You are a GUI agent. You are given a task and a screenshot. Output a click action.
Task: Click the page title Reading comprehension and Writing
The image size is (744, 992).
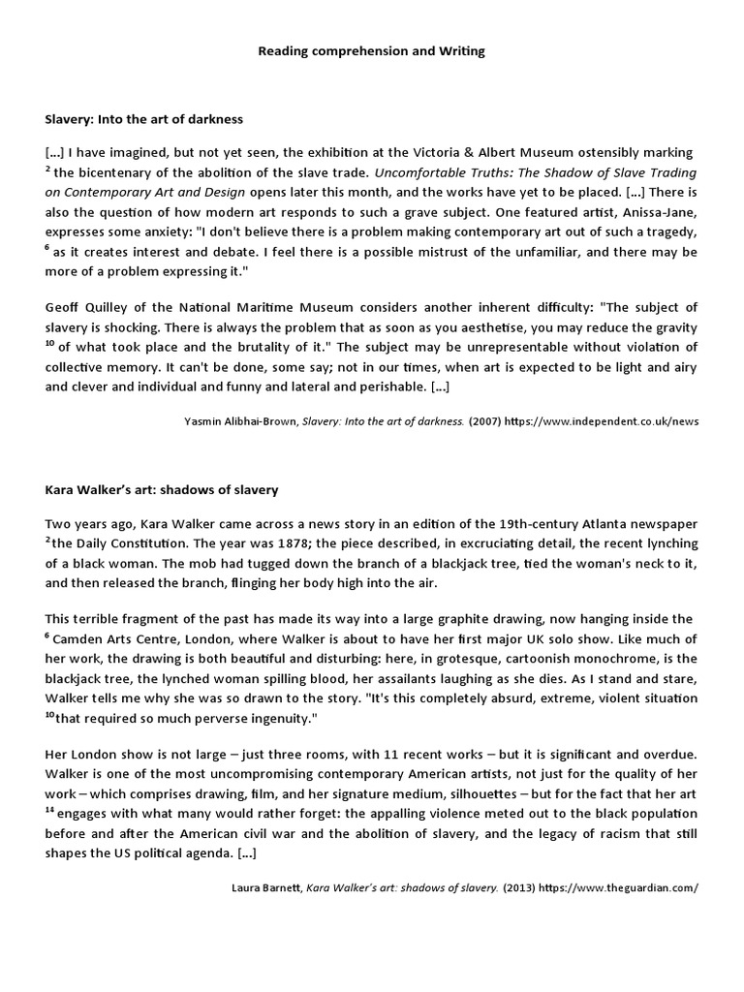[371, 50]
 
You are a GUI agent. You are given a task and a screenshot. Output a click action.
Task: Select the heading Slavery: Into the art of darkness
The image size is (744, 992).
[143, 119]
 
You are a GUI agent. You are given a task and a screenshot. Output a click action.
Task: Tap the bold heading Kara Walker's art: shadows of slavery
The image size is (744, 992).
[162, 490]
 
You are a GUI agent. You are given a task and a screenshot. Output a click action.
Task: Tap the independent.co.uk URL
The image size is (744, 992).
[597, 421]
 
